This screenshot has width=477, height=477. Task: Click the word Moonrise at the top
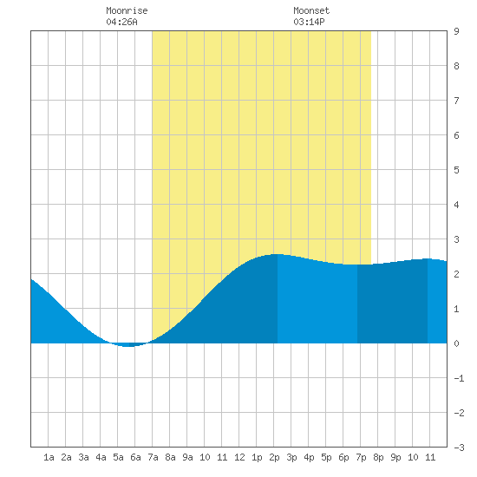point(127,10)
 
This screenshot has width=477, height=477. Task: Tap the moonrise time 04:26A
point(121,22)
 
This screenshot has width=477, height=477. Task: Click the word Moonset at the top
point(311,10)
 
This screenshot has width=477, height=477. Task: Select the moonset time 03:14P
point(309,22)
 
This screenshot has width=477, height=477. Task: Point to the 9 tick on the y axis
point(456,31)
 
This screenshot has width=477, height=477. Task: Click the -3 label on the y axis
point(459,448)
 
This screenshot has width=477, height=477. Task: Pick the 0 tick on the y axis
point(456,343)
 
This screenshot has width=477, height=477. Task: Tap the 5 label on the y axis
point(456,170)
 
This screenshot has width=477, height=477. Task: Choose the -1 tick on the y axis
point(459,378)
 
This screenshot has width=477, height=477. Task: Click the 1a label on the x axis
point(49,457)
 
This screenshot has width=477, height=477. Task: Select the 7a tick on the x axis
point(153,457)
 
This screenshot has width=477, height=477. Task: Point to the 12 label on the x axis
point(239,457)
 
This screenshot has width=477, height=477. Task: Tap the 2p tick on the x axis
point(274,457)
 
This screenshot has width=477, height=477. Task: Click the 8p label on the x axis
point(378,457)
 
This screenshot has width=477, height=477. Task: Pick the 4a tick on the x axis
point(101,457)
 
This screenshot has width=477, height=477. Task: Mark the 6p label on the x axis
point(343,457)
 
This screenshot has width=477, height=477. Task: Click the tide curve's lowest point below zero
point(128,346)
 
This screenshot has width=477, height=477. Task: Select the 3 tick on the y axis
point(456,239)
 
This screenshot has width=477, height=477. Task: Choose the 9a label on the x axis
point(187,457)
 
